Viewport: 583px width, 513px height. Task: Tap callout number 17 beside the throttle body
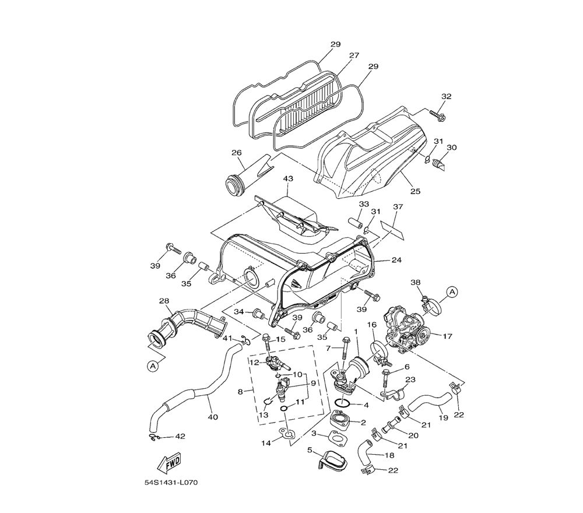[x=448, y=336]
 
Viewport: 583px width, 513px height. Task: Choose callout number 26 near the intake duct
[x=236, y=153]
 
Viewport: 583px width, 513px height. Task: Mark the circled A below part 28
[x=153, y=366]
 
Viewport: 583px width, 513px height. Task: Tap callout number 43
[x=287, y=178]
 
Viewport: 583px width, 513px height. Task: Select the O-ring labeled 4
[x=343, y=403]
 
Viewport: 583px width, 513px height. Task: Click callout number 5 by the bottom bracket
[x=310, y=450]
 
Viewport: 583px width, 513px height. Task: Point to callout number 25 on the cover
[x=415, y=191]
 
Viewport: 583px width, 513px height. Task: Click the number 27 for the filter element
[x=354, y=55]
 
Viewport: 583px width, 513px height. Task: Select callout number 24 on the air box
[x=396, y=260]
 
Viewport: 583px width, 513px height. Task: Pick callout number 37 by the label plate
[x=398, y=207]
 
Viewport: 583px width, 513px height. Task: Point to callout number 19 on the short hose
[x=444, y=417]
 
